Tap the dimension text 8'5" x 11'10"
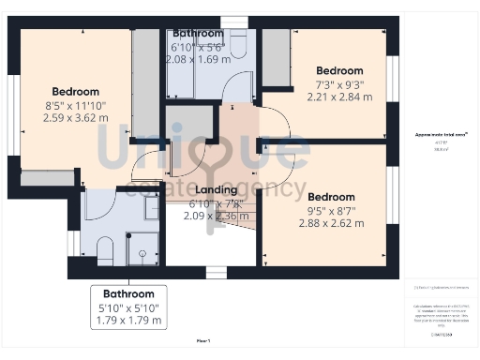pyautogui.click(x=75, y=106)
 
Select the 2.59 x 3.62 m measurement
pyautogui.click(x=75, y=119)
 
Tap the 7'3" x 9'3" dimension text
pyautogui.click(x=338, y=84)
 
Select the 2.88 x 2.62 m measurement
pyautogui.click(x=332, y=223)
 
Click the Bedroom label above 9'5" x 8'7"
pyautogui.click(x=332, y=197)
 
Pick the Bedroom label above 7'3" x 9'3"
pyautogui.click(x=338, y=70)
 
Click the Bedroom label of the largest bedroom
pyautogui.click(x=75, y=91)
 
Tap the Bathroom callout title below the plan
pyautogui.click(x=128, y=293)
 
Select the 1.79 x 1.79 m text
pyautogui.click(x=128, y=320)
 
